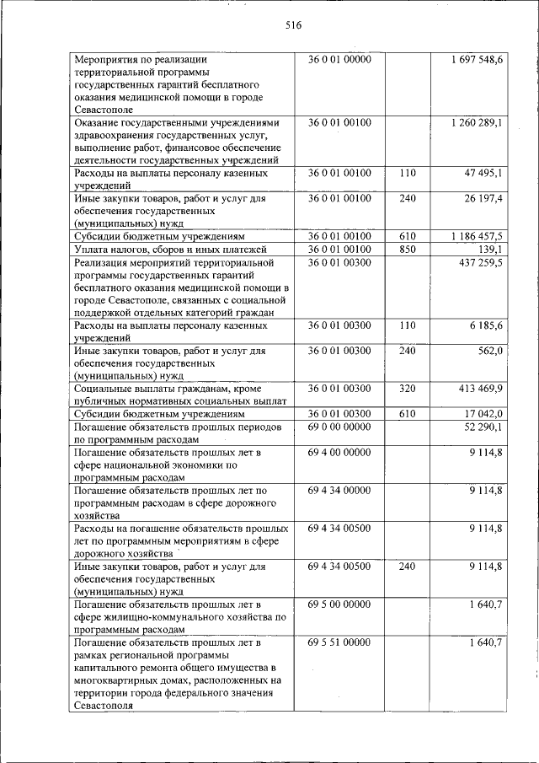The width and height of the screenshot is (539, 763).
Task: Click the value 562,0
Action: coord(489,350)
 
